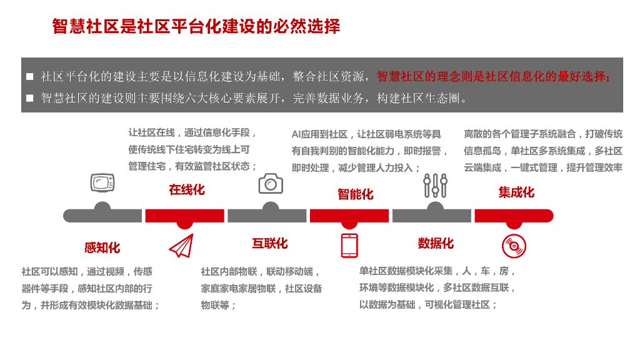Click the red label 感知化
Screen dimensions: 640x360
(x=102, y=247)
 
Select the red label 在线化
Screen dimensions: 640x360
(x=186, y=190)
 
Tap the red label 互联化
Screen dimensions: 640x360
(x=270, y=244)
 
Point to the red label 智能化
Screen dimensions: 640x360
(x=355, y=194)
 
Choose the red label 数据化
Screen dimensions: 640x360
(x=436, y=244)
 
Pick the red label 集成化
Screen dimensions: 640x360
(x=516, y=192)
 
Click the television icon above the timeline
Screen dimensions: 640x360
(x=102, y=182)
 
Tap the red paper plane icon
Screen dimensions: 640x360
(x=181, y=246)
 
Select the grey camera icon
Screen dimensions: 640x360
(x=271, y=184)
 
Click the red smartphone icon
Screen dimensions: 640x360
(x=349, y=246)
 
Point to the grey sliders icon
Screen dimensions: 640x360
(x=435, y=186)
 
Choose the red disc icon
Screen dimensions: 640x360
(x=514, y=246)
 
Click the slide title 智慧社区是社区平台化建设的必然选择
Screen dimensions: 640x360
(x=196, y=27)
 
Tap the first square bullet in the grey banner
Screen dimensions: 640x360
(x=30, y=77)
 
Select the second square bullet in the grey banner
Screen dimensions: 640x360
(x=30, y=98)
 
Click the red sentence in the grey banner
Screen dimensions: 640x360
(x=494, y=77)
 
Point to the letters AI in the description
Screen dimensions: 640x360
(x=297, y=134)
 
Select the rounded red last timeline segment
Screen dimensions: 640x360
(x=514, y=216)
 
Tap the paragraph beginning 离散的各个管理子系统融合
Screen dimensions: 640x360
(x=543, y=151)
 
